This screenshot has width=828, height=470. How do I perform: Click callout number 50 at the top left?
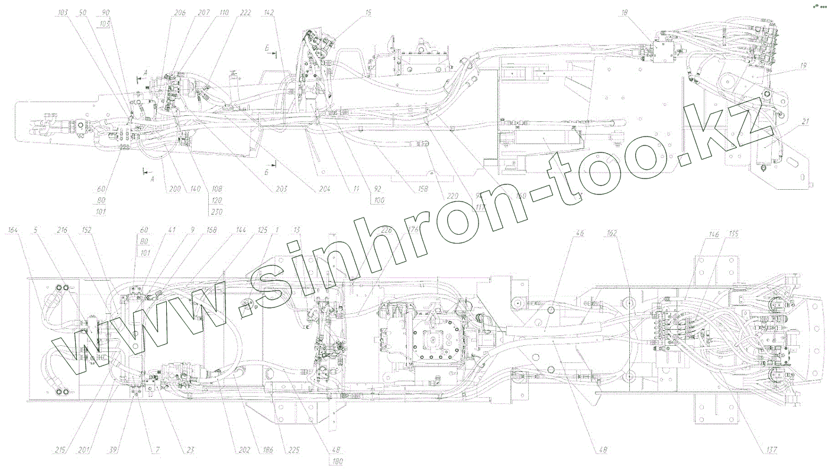point(82,12)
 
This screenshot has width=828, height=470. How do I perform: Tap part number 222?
point(245,12)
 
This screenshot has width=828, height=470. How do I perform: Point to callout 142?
point(269,12)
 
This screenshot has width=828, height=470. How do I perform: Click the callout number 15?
point(368,12)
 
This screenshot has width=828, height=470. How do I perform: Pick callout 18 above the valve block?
point(623,12)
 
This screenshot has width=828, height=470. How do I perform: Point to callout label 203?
point(282,189)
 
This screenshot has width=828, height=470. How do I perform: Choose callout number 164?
point(12,230)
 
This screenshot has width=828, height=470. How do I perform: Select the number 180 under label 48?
point(338,461)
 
